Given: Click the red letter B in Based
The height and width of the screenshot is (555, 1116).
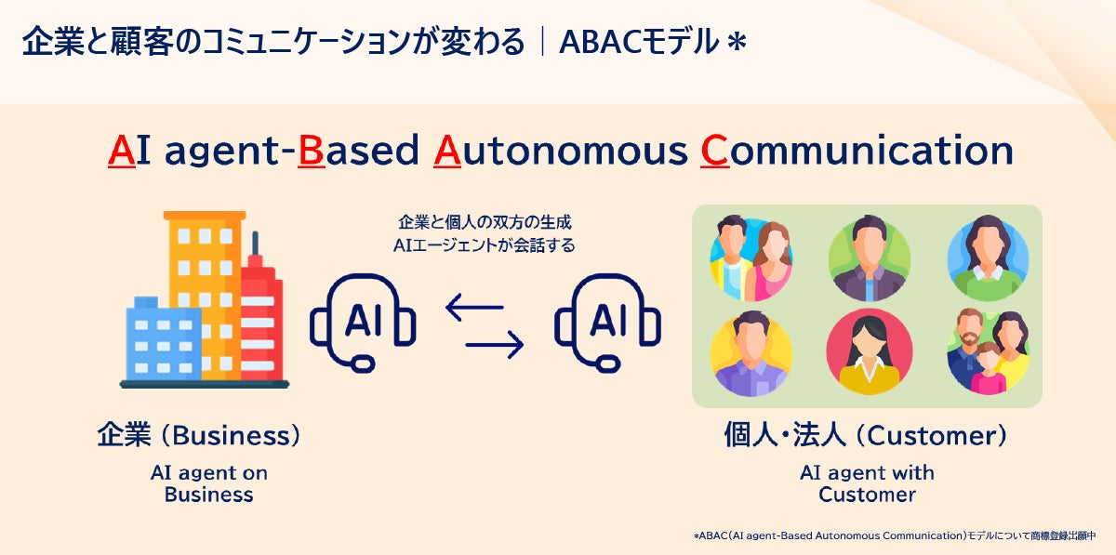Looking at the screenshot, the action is pyautogui.click(x=311, y=150).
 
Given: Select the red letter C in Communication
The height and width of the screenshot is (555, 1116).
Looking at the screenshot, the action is pyautogui.click(x=715, y=150).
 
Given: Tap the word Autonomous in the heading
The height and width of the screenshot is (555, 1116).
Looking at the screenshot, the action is pyautogui.click(x=560, y=150).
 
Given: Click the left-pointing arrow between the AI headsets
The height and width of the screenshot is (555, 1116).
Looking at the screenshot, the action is pyautogui.click(x=474, y=308).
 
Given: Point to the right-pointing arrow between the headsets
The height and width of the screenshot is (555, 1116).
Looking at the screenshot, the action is pyautogui.click(x=495, y=344).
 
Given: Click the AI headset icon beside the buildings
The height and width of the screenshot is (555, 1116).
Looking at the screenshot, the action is pyautogui.click(x=363, y=323).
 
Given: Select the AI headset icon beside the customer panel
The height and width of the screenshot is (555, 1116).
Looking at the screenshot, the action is pyautogui.click(x=608, y=323).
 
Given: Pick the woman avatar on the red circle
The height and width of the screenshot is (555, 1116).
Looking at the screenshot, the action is pyautogui.click(x=870, y=351).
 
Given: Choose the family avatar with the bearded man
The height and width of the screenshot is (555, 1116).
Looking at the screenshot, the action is pyautogui.click(x=988, y=351).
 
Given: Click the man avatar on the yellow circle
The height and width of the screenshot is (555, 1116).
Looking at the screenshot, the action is pyautogui.click(x=751, y=353).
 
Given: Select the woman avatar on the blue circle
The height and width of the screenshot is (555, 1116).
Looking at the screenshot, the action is pyautogui.click(x=988, y=258).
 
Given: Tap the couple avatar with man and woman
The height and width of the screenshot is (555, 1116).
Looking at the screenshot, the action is pyautogui.click(x=751, y=258).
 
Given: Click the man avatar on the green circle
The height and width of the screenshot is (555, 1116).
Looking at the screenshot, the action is pyautogui.click(x=870, y=258).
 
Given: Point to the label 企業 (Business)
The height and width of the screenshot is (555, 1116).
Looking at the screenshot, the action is pyautogui.click(x=199, y=435).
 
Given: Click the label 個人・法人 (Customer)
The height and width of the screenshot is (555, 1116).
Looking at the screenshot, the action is pyautogui.click(x=866, y=435).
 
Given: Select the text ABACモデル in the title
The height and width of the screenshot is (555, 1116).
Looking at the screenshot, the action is pyautogui.click(x=639, y=42).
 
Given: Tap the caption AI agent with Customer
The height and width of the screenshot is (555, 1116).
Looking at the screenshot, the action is pyautogui.click(x=867, y=483).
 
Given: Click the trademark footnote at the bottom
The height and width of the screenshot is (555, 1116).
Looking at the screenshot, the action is pyautogui.click(x=895, y=536).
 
